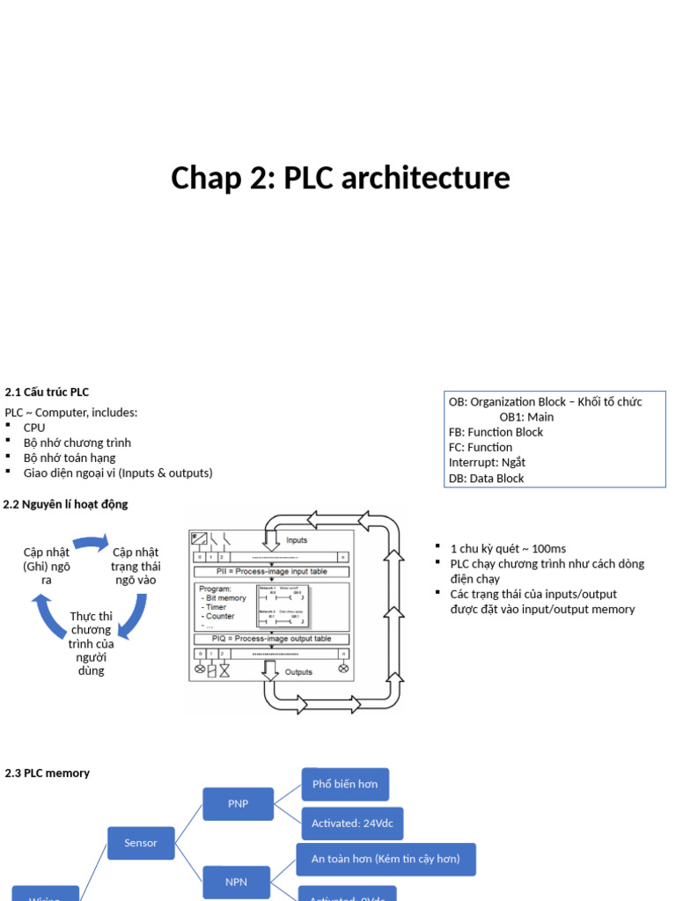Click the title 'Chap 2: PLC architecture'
[340, 178]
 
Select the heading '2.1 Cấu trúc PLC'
[47, 392]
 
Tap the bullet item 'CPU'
[34, 428]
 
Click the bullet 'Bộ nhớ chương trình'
[77, 443]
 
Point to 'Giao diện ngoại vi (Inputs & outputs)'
[118, 472]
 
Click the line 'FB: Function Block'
[496, 432]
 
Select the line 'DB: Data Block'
[486, 479]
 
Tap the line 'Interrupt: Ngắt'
[487, 463]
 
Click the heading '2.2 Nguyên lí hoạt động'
[66, 504]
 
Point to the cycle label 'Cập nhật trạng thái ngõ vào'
[136, 566]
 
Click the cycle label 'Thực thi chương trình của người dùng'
[91, 642]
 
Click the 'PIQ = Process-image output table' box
[271, 639]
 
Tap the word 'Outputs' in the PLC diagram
[298, 672]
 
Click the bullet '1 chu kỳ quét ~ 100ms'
[508, 548]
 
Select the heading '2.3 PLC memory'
[48, 773]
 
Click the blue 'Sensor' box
[141, 843]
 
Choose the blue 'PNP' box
[238, 803]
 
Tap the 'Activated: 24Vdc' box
[352, 824]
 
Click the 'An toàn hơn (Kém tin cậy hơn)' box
[386, 859]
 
